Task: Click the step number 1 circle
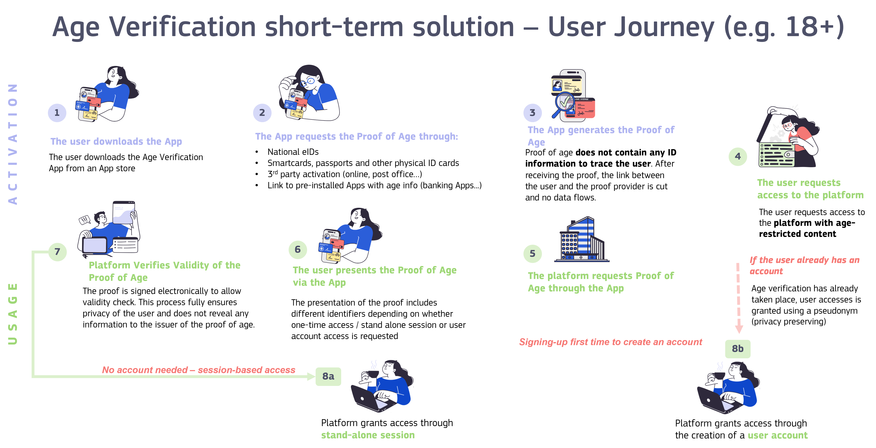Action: pyautogui.click(x=57, y=113)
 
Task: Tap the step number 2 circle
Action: pyautogui.click(x=262, y=113)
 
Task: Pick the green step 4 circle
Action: pyautogui.click(x=738, y=156)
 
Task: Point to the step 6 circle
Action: pyautogui.click(x=298, y=250)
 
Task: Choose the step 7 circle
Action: pyautogui.click(x=57, y=252)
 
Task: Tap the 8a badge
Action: pyautogui.click(x=328, y=376)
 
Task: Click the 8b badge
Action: pyautogui.click(x=738, y=349)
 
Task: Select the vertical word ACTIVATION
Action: pyautogui.click(x=13, y=144)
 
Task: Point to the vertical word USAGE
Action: pyautogui.click(x=13, y=314)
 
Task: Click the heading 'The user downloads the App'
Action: pyautogui.click(x=116, y=141)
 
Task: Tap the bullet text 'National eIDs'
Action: pyautogui.click(x=293, y=152)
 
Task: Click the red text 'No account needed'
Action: pyautogui.click(x=145, y=370)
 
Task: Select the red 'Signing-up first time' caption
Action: pyautogui.click(x=610, y=342)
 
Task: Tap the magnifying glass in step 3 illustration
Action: pyautogui.click(x=563, y=103)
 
